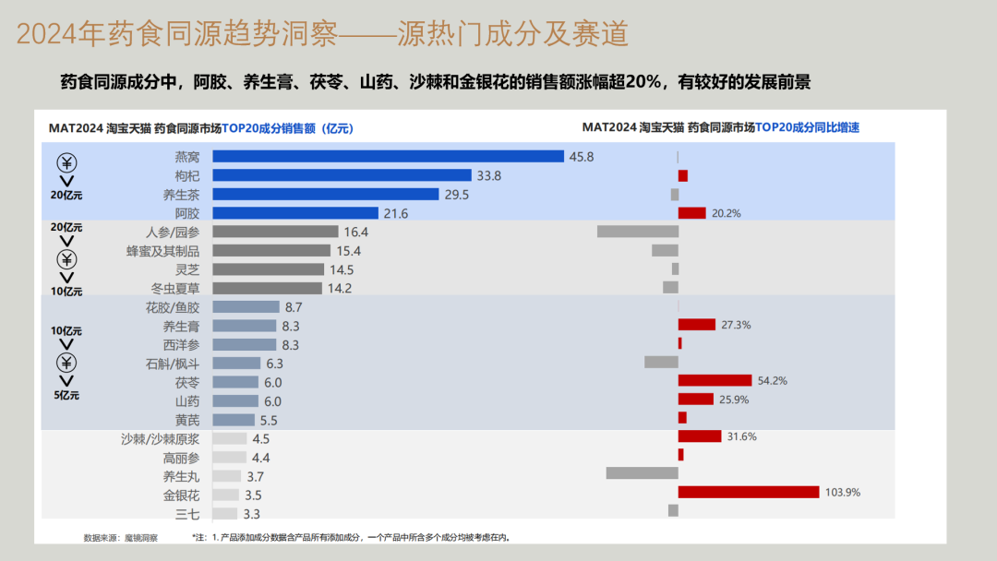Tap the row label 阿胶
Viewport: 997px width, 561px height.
(x=187, y=213)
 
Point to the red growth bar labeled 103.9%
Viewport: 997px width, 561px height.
(x=749, y=492)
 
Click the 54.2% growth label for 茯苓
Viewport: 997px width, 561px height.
(x=772, y=380)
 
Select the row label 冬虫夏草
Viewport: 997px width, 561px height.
(x=174, y=288)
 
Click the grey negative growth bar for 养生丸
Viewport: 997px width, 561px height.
(x=642, y=473)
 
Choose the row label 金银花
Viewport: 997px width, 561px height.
(x=181, y=495)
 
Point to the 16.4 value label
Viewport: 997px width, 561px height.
(x=355, y=232)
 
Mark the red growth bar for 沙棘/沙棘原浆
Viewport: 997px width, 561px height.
(x=700, y=436)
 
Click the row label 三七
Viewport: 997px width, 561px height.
(x=187, y=514)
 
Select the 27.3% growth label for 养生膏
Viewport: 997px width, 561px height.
(x=736, y=325)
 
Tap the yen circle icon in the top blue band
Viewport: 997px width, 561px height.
(x=66, y=163)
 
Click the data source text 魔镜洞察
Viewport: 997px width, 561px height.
(x=141, y=538)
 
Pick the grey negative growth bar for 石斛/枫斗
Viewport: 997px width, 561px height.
(x=661, y=362)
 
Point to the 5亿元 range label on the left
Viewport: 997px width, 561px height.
(x=66, y=396)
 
